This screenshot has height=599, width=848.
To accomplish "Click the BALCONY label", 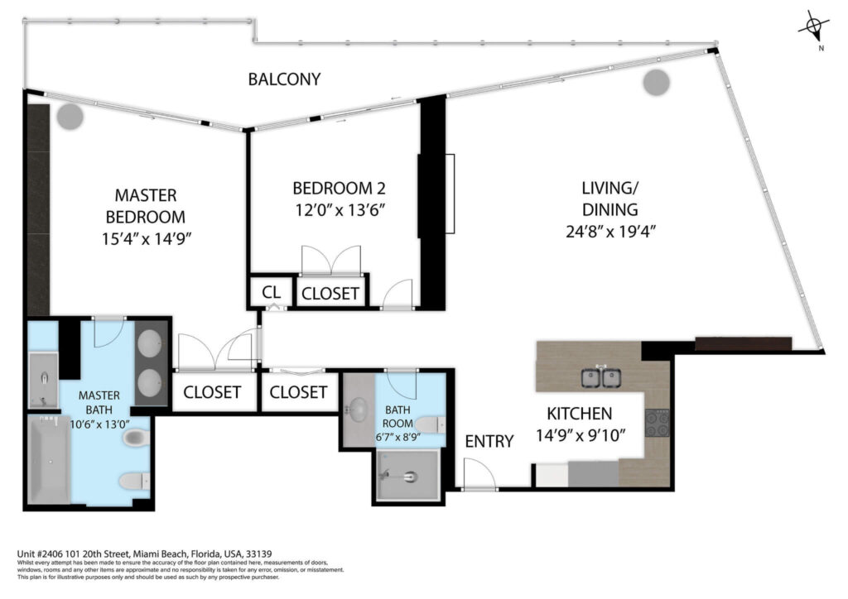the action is point(284,79).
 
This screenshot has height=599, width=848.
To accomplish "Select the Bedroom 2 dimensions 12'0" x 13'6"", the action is point(340,209).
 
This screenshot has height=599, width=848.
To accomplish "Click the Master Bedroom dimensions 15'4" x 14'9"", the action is point(147,238).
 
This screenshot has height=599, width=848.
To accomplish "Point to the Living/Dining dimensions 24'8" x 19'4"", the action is point(610,231).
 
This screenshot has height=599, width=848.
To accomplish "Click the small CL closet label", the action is point(271,292).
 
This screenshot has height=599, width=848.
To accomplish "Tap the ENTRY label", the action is point(489,441).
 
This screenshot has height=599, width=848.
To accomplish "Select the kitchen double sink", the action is point(601,377).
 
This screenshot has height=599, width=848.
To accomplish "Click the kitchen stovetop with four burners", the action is point(657,423).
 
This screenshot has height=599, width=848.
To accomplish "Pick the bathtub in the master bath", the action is point(49,459).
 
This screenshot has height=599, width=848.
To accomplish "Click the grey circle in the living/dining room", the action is point(657,83).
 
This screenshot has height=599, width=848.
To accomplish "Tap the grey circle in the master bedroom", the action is point(70,117).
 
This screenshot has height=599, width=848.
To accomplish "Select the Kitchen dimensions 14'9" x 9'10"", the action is point(581,435).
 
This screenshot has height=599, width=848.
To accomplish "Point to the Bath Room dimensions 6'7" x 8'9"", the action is point(398,437).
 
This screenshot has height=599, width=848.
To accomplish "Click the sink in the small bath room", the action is point(358,410).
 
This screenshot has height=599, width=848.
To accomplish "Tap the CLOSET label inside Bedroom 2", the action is point(330,293).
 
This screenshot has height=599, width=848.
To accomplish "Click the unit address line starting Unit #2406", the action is point(144,553).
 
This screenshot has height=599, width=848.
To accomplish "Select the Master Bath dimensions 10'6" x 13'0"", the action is point(99,424).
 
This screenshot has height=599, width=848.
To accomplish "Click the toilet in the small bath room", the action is point(431,424).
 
